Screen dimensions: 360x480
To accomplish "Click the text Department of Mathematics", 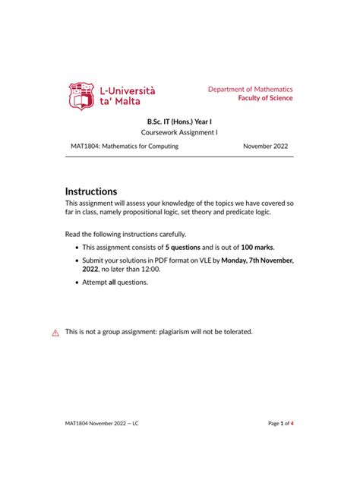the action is coord(251,89).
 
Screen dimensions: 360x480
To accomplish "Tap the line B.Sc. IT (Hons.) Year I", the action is coord(179,121).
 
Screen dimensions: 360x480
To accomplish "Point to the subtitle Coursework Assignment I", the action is coord(179,133).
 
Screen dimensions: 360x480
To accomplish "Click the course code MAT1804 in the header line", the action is coord(82,146).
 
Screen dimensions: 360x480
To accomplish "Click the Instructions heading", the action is coord(91,191).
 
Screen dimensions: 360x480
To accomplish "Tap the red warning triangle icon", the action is coord(55,333).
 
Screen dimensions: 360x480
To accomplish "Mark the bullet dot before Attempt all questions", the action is coord(77,283).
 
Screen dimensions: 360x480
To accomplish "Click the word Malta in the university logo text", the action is coord(130,103).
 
